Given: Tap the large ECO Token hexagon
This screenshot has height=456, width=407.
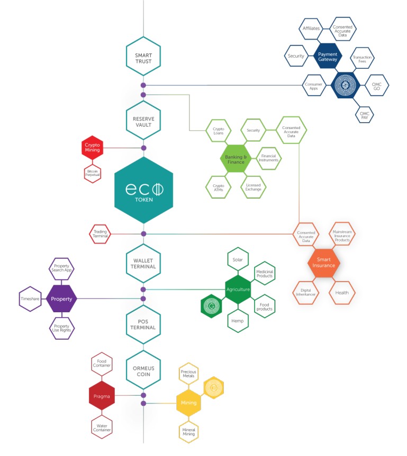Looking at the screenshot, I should [143, 190].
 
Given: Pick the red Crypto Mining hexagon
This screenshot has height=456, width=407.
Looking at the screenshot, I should [93, 147].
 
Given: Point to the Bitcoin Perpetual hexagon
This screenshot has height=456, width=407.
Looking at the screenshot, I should [93, 173].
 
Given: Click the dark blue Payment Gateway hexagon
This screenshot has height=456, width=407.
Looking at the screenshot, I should [327, 56].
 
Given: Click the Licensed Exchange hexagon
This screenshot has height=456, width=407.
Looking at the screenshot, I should [253, 187].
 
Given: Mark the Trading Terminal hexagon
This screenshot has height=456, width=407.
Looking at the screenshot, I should [101, 234].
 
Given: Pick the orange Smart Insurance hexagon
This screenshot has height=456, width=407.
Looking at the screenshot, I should [323, 262].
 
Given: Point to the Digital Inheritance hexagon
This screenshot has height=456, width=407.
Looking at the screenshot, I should [305, 292].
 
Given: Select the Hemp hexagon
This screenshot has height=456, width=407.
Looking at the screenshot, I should [238, 320].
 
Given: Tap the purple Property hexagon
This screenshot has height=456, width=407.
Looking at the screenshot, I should [62, 299].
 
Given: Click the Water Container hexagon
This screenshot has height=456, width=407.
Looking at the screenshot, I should [101, 426].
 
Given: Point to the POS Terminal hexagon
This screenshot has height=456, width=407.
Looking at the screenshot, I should [143, 324].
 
